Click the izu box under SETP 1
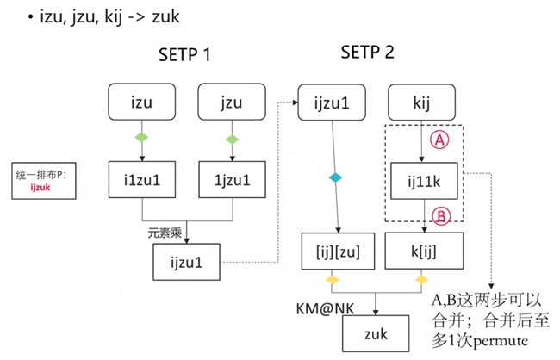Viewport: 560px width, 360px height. coord(141,102)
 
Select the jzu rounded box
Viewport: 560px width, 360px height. coord(231,102)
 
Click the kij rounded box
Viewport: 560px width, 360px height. coord(422,102)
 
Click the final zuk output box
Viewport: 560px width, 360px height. coord(377,330)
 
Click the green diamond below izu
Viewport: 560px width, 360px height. coord(141,137)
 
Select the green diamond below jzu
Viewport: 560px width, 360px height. coord(231,137)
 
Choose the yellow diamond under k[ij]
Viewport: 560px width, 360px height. coord(422,281)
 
